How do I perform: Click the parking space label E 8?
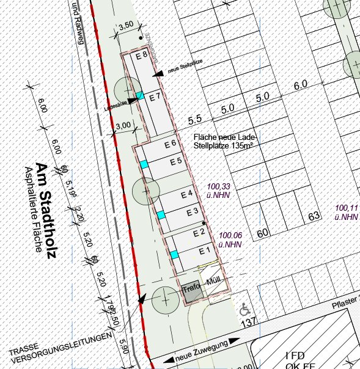(142, 55)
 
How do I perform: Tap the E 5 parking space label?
(176, 161)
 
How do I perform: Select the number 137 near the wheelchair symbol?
(248, 322)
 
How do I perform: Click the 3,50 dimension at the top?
(125, 26)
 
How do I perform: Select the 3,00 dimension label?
(123, 125)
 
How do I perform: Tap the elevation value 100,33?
(219, 186)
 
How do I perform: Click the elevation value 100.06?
(230, 236)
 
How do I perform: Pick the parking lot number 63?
(315, 216)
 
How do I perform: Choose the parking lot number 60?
(263, 233)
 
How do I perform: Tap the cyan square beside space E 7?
(140, 95)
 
